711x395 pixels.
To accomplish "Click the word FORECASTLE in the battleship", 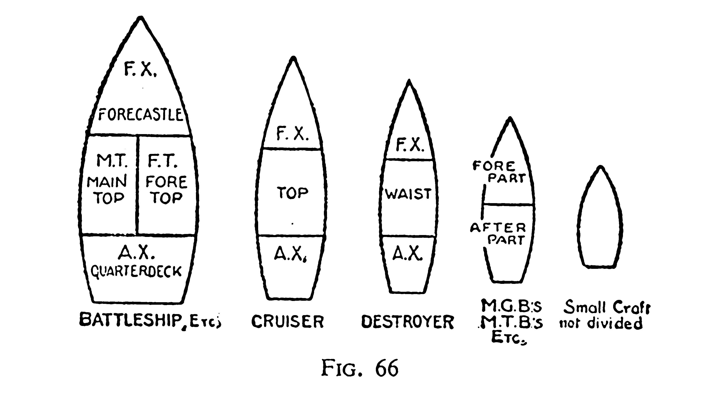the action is [x=140, y=114].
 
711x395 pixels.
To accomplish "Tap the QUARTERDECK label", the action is [x=136, y=271].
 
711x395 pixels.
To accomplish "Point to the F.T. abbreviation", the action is [x=163, y=161].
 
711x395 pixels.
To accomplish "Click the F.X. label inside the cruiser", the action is [x=292, y=134].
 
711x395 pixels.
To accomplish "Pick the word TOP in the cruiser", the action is [x=293, y=193].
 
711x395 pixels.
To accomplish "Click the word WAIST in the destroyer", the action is [x=408, y=194].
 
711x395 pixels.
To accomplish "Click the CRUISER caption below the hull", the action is [x=287, y=321].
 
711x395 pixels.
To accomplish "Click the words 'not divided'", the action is [x=601, y=323].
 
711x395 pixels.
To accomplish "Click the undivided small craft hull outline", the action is [x=600, y=216].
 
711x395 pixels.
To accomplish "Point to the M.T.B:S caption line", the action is [x=511, y=323].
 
